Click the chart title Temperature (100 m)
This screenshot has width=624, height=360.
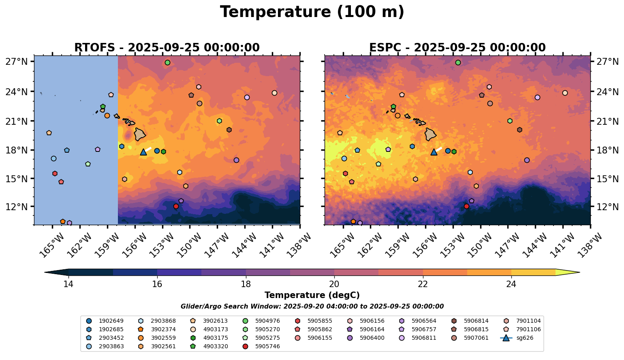click(x=312, y=12)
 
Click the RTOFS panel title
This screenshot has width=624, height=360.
click(x=167, y=48)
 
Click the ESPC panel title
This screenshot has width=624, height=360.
click(x=457, y=48)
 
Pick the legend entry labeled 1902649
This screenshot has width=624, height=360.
click(x=111, y=321)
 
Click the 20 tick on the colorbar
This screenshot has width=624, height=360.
click(x=334, y=284)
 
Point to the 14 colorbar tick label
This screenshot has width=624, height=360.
click(x=68, y=284)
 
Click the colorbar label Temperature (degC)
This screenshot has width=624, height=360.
click(x=312, y=295)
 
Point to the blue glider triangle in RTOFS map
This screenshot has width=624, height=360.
click(x=143, y=152)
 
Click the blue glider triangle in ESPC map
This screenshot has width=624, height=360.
click(x=434, y=152)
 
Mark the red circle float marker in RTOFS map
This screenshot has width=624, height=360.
click(x=176, y=206)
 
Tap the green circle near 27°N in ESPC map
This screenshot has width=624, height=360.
click(x=458, y=62)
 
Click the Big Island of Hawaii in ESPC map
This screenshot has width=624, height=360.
click(x=430, y=134)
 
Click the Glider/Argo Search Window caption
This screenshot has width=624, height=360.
click(x=312, y=307)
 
